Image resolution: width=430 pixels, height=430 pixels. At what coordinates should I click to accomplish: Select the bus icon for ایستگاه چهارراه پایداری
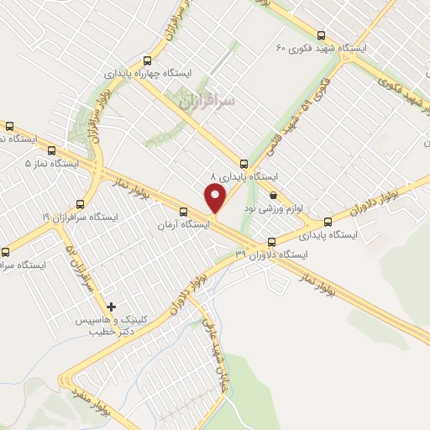tap(148, 60)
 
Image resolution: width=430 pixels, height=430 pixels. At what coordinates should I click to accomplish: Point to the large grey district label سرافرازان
tap(207, 100)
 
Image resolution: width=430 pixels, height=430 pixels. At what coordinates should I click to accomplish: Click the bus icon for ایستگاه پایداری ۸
tap(244, 164)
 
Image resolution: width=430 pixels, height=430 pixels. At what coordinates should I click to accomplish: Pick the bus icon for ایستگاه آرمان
tap(184, 212)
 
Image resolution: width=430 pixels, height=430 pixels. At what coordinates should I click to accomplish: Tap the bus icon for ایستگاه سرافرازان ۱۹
tap(81, 203)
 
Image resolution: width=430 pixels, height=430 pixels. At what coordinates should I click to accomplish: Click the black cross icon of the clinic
tap(112, 307)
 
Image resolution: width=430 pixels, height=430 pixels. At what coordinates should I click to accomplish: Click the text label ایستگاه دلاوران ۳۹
tap(272, 254)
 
